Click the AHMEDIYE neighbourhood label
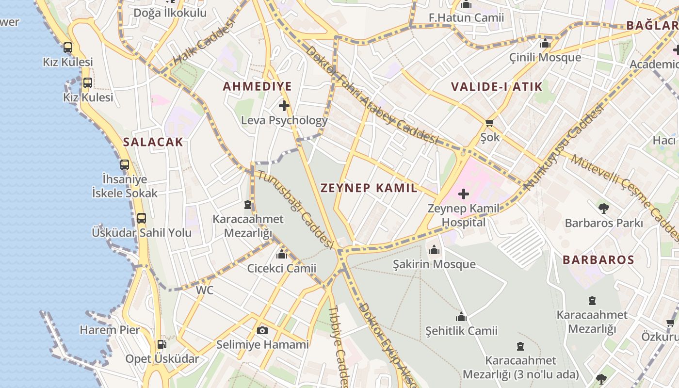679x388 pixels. coord(257,87)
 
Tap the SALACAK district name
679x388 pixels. coord(153,142)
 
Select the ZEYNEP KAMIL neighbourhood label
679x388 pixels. coord(369,188)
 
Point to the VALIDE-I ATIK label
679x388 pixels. coord(497,87)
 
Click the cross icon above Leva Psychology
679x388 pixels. coord(284,105)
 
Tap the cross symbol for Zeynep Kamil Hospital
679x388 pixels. coord(464,194)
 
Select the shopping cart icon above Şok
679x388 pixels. coord(489,123)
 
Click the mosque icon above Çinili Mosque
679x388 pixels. coord(545,44)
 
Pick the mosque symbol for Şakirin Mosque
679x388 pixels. coord(434,250)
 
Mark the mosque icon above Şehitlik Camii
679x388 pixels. coord(461,317)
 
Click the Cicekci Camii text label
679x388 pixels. coord(282,268)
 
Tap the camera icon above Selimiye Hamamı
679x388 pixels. coord(262,331)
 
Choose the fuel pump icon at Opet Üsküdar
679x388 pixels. coord(162,344)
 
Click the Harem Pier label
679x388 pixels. coord(110,330)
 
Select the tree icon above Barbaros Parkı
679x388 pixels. coord(604,209)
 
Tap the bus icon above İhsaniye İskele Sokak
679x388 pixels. coord(125,165)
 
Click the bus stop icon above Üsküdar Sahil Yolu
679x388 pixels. coord(141,218)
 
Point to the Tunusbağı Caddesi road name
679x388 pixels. coord(295,209)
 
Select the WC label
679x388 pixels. coord(204,291)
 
